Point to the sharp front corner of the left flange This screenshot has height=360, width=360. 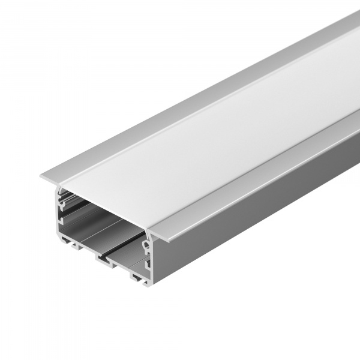pyautogui.click(x=41, y=176)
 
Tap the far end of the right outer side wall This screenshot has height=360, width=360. pyautogui.click(x=354, y=144)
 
